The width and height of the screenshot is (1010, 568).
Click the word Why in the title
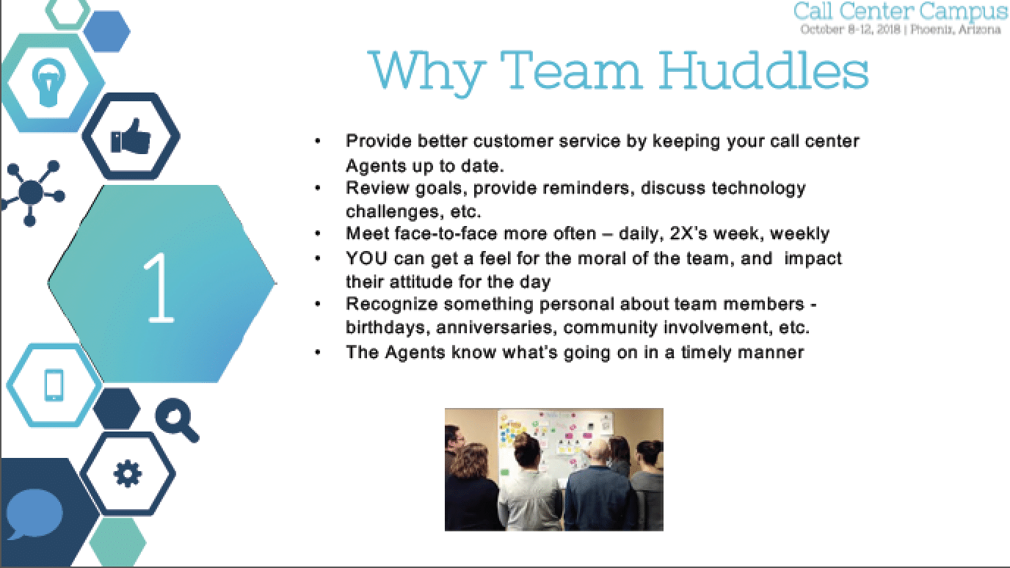click(x=426, y=71)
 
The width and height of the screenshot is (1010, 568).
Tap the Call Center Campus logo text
click(x=901, y=12)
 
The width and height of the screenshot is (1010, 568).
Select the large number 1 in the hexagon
click(x=161, y=286)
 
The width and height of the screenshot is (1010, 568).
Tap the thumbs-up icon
click(x=130, y=139)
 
